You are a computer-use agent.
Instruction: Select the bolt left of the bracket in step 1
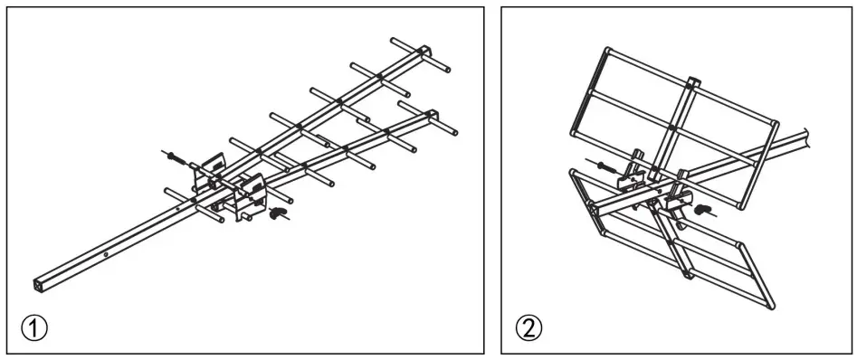(174, 157)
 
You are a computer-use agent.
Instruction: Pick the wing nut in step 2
(701, 207)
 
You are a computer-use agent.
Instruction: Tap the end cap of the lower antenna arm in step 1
(432, 115)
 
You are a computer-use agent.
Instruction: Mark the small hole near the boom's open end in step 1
(106, 255)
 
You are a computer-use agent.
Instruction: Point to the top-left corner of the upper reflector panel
(605, 46)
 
